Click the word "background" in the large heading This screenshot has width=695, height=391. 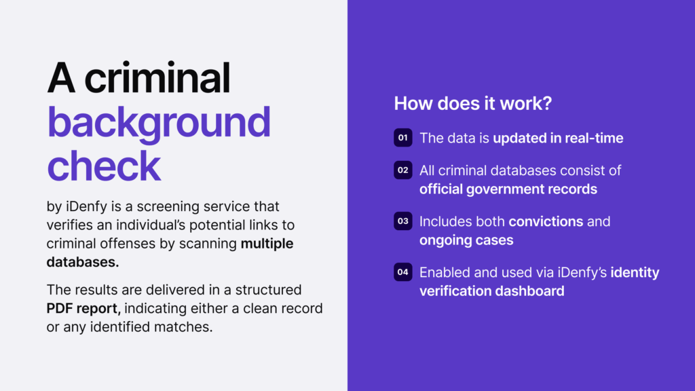pyautogui.click(x=159, y=124)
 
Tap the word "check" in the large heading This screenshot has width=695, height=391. pyautogui.click(x=104, y=166)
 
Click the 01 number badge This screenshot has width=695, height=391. pyautogui.click(x=402, y=138)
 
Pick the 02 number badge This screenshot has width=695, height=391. pyautogui.click(x=402, y=170)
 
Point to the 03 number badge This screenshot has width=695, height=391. pyautogui.click(x=402, y=221)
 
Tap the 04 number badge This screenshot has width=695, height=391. pyautogui.click(x=402, y=272)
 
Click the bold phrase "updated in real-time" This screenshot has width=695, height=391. pyautogui.click(x=558, y=138)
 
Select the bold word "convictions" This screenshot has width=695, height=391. pyautogui.click(x=546, y=221)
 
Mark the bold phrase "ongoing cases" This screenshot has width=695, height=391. pyautogui.click(x=466, y=240)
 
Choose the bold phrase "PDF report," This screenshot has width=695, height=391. pyautogui.click(x=83, y=309)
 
